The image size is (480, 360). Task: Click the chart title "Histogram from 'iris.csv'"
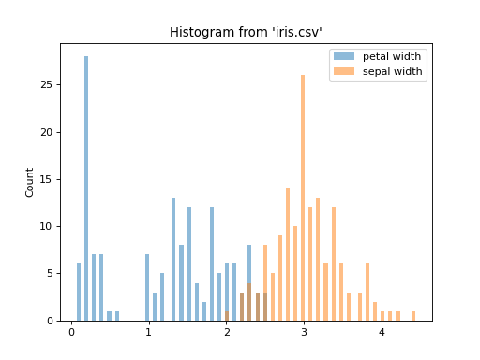[x=246, y=33]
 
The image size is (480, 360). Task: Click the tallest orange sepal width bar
[x=303, y=197]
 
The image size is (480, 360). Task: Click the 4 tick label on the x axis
[x=382, y=332]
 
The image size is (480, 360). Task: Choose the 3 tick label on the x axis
[x=304, y=332]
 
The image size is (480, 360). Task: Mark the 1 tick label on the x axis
[x=148, y=332]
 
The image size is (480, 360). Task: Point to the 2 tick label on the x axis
[x=226, y=332]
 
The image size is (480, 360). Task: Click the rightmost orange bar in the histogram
[x=412, y=316]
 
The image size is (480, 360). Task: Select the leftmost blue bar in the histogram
[x=79, y=292]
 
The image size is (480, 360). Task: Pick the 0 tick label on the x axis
[x=71, y=332]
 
